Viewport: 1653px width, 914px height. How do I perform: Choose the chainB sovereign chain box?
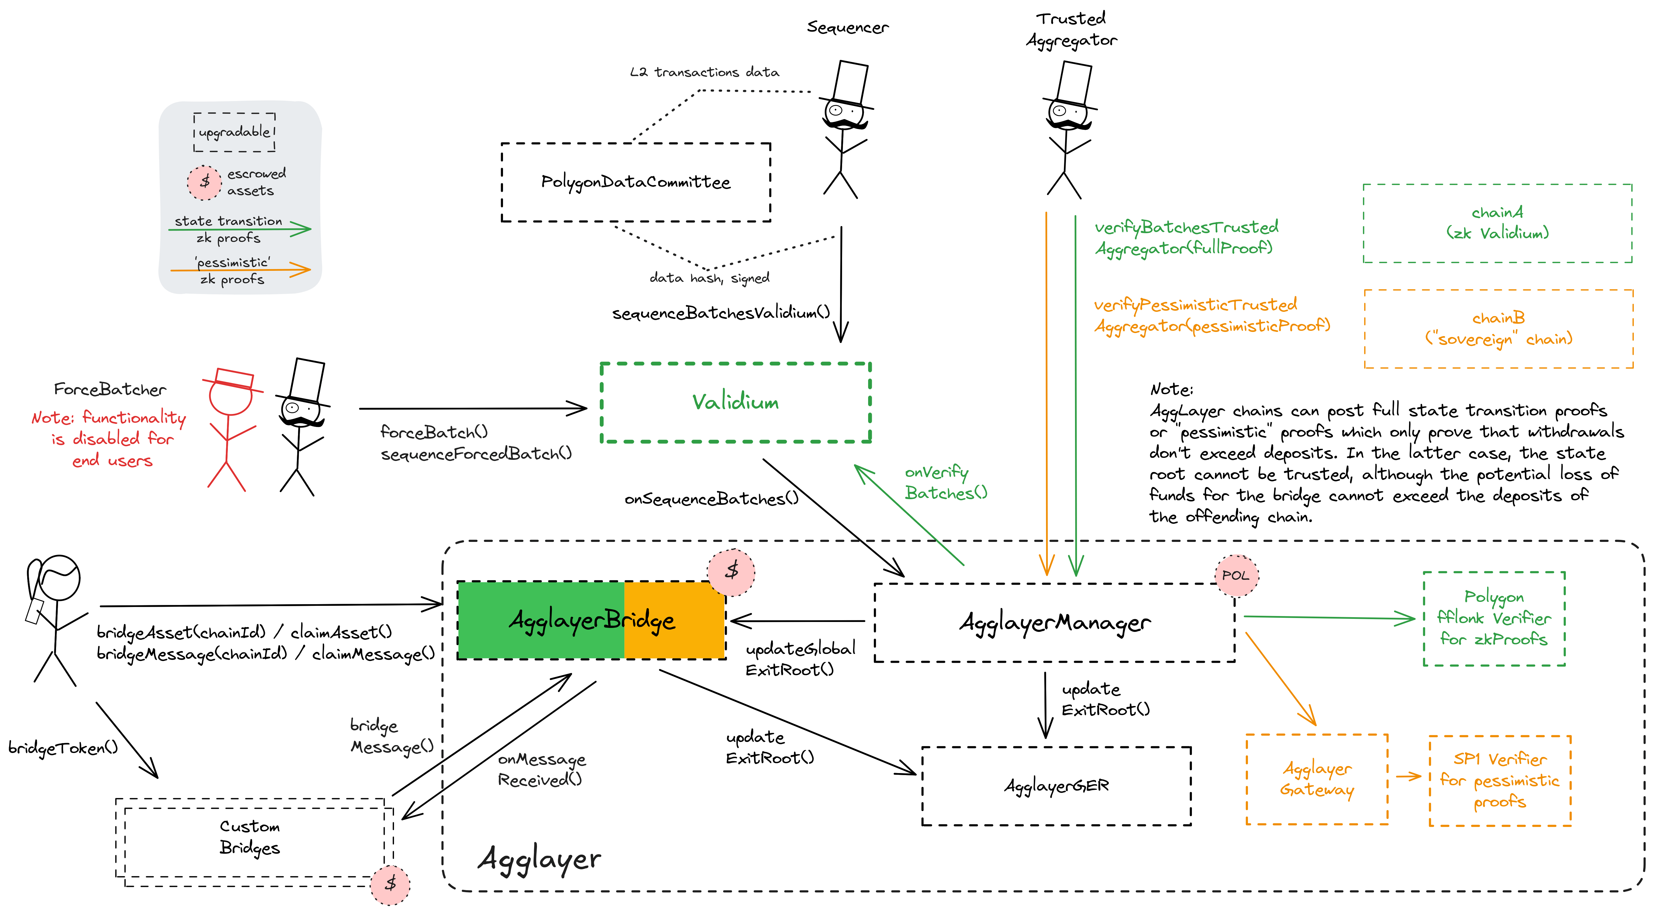tap(1498, 329)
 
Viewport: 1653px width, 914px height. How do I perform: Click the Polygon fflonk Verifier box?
tap(1494, 618)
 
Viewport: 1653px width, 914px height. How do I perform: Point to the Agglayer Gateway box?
tap(1317, 779)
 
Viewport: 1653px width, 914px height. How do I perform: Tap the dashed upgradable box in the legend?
tap(234, 132)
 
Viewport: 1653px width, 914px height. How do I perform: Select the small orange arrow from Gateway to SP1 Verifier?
tap(1408, 777)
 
